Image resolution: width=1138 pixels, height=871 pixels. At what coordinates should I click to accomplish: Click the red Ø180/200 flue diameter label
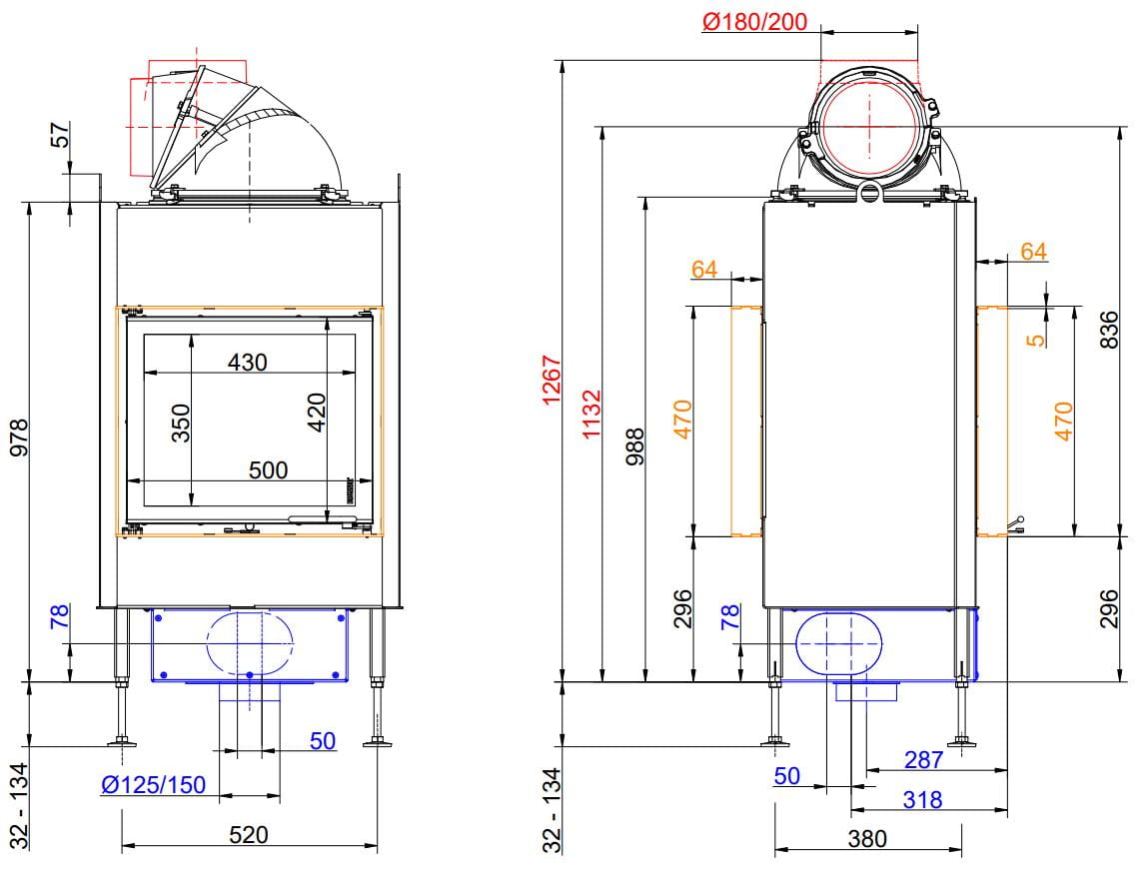click(754, 22)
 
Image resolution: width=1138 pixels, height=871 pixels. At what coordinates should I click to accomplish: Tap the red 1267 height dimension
click(552, 380)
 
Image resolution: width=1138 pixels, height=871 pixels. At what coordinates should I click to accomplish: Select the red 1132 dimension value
click(591, 415)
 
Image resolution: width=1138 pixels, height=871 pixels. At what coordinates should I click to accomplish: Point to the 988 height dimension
click(634, 447)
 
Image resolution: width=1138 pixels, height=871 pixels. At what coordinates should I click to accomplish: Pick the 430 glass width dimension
click(248, 362)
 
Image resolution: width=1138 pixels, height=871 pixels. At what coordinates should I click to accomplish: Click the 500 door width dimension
click(268, 469)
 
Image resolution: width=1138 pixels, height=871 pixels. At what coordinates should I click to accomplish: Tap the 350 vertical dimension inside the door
click(180, 423)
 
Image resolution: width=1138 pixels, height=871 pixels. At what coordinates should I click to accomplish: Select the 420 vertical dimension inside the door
click(317, 413)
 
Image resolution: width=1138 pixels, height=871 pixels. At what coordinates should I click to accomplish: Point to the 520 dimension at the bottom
click(248, 835)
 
